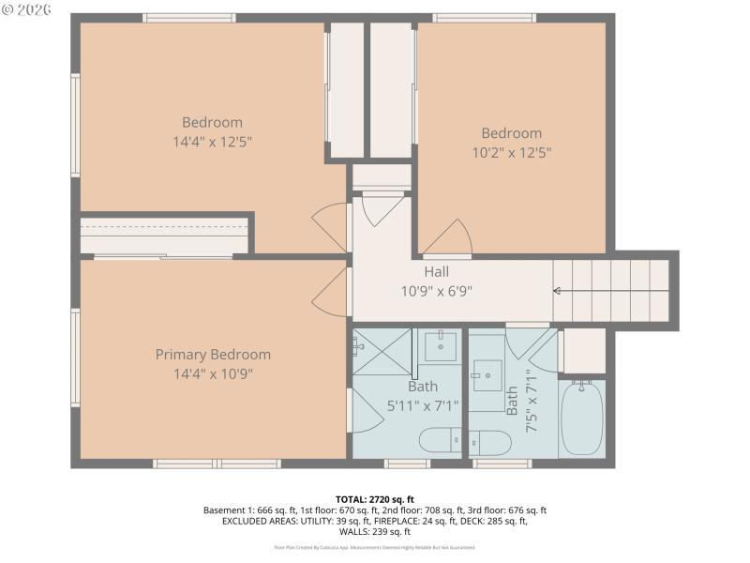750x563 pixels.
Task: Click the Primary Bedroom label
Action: coord(213,355)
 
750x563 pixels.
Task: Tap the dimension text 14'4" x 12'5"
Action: coord(212,142)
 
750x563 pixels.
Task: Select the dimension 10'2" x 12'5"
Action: coord(511,152)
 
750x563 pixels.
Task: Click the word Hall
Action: coord(436,272)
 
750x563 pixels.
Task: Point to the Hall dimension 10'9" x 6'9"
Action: coord(436,291)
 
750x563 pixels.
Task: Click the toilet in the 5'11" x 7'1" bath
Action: coord(439,439)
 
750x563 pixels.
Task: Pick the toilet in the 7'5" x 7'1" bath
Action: coord(487,441)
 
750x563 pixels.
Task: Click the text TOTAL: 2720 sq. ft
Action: coord(374,499)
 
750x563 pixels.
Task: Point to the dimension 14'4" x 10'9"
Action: coord(213,373)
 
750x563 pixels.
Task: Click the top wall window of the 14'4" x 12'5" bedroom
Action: coord(189,18)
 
